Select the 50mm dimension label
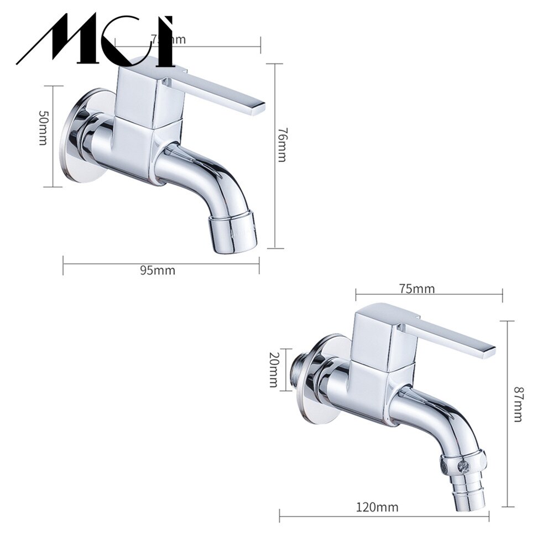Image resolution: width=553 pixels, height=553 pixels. click(x=43, y=128)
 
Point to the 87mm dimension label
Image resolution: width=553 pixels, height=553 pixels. click(x=517, y=404)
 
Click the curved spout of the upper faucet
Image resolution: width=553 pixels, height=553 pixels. click(x=207, y=177)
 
